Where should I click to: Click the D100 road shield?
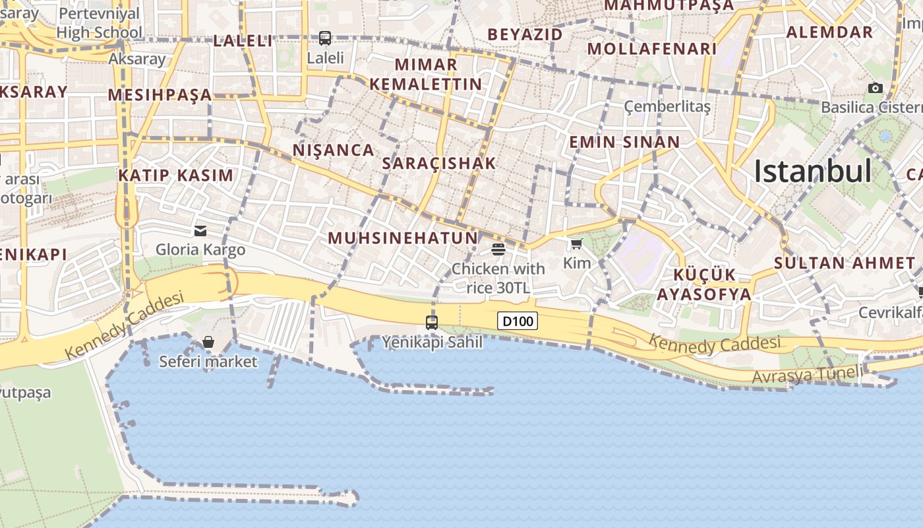517,321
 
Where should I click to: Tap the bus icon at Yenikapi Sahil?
432,323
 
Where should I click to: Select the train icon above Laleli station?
325,38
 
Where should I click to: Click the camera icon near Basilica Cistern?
876,88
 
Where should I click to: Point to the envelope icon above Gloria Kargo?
200,231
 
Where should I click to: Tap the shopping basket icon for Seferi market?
208,342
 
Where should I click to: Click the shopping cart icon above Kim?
577,244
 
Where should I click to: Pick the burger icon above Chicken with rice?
498,249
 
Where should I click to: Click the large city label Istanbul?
813,171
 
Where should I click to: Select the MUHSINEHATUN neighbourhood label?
403,238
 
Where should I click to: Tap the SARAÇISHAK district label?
439,164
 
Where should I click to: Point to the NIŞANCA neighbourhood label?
334,150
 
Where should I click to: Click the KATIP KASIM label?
175,176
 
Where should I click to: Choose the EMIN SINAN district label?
624,142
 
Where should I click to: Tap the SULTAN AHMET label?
845,263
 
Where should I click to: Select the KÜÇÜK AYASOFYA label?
704,284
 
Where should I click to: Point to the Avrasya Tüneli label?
807,375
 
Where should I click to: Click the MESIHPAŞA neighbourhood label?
160,95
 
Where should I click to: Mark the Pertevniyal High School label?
99,23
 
